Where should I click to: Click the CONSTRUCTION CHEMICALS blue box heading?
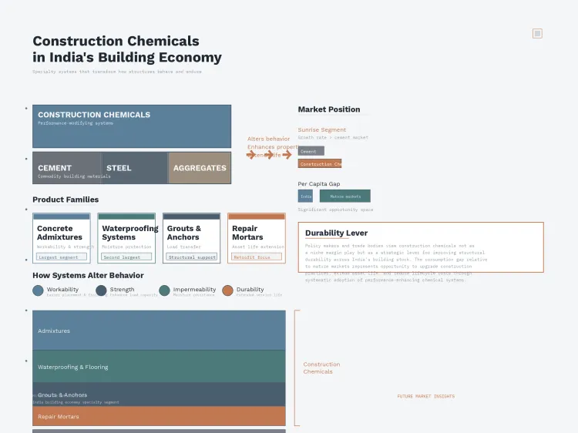pos(94,115)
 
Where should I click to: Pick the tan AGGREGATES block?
pos(200,168)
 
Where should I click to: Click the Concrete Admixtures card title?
pos(60,233)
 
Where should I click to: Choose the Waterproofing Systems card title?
pos(129,233)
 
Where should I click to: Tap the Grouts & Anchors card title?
pos(184,233)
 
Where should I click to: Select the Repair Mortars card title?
pos(247,233)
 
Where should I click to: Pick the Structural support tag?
pos(191,257)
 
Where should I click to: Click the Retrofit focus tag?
pos(256,257)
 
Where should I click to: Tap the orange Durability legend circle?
pos(227,290)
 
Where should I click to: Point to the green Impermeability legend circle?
pos(164,290)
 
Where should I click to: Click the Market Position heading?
pos(329,109)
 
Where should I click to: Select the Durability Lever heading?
pos(336,233)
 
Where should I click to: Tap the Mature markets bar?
pos(344,196)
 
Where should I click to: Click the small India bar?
pos(306,196)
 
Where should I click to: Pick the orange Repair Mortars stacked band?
pos(159,417)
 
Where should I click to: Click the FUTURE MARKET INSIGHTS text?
pos(425,397)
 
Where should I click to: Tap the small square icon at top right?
pos(537,33)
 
